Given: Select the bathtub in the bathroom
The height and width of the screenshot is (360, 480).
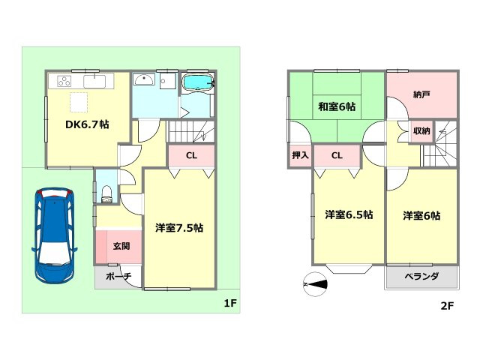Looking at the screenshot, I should [198, 82].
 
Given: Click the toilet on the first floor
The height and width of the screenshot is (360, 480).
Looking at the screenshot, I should [106, 193].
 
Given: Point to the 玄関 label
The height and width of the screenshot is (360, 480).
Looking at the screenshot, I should [121, 245].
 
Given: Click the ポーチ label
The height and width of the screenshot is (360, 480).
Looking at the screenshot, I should [118, 277].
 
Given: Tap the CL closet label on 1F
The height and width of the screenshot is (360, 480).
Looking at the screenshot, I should [191, 157].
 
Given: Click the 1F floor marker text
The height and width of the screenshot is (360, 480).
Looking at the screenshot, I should [229, 304].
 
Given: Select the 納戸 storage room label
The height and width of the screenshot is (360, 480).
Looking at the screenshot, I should [422, 95].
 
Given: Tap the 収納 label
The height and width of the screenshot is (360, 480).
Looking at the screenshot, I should [421, 131].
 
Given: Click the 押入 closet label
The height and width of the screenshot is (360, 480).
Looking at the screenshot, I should [299, 156].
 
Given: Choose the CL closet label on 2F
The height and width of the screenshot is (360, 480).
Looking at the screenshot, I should [337, 156].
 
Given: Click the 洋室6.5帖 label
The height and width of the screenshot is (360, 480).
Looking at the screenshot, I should [349, 215].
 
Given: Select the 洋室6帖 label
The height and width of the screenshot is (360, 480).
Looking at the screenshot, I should [421, 216].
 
